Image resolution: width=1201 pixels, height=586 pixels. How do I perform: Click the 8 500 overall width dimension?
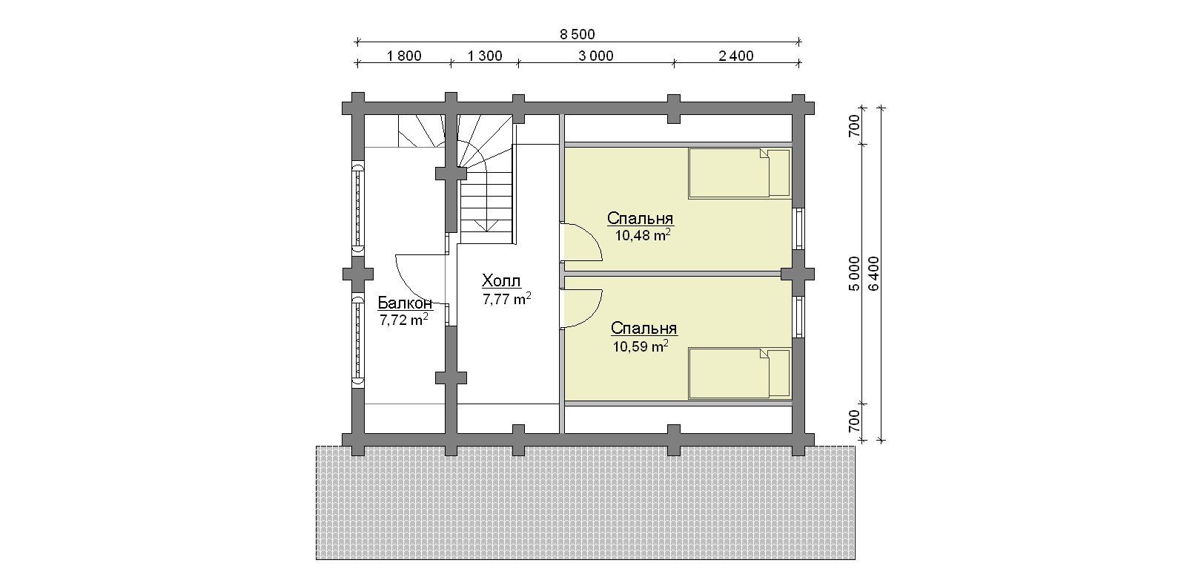click(578, 34)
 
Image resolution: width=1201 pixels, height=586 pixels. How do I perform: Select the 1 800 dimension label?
click(404, 56)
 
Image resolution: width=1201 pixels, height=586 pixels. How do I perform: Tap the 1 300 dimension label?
click(485, 56)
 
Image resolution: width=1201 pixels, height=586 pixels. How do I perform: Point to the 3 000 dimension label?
click(596, 56)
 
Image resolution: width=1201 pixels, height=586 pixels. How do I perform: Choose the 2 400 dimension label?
click(736, 56)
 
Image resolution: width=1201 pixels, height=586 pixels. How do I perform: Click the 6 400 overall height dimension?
click(873, 274)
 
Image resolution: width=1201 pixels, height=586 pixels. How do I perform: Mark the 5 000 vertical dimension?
click(854, 274)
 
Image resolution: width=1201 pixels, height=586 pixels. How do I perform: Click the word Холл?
click(501, 280)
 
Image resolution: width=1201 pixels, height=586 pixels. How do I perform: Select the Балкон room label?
click(405, 303)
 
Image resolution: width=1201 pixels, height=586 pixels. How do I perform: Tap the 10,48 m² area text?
click(642, 235)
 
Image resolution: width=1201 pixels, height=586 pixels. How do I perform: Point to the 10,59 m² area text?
click(641, 346)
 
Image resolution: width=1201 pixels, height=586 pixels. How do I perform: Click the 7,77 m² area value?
click(506, 299)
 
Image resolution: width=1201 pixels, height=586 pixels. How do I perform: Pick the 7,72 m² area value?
click(404, 320)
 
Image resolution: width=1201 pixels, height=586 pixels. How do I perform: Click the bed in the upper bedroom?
click(739, 174)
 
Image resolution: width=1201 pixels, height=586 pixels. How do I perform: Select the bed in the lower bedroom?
click(739, 374)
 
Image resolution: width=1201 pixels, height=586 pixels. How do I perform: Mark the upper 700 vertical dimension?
click(854, 126)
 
